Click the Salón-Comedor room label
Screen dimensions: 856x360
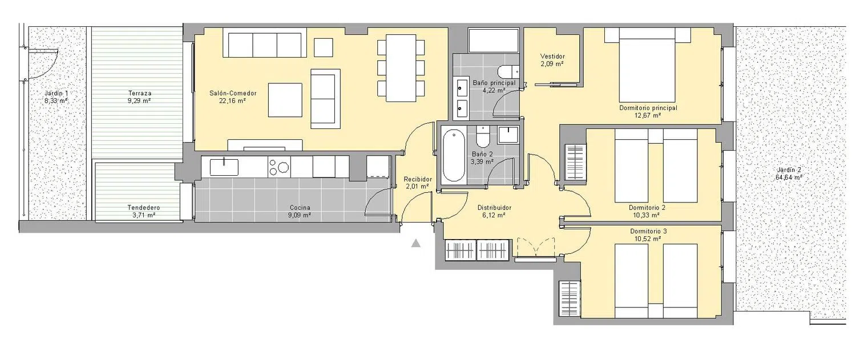(233, 93)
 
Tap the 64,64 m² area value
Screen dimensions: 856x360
(789, 177)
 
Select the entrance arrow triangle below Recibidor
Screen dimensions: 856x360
(416, 243)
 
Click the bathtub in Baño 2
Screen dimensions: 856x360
(454, 156)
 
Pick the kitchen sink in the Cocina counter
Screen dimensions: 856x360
(224, 167)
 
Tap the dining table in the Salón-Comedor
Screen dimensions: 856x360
(401, 68)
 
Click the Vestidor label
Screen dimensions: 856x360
(552, 56)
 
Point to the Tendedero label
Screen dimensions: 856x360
(144, 208)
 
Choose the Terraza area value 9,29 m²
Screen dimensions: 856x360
(139, 101)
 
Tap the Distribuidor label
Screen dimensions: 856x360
(495, 208)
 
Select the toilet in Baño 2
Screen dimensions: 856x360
(483, 137)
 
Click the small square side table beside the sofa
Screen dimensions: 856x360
(324, 47)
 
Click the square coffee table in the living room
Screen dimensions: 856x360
(285, 100)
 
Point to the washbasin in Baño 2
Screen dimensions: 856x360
(508, 135)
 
